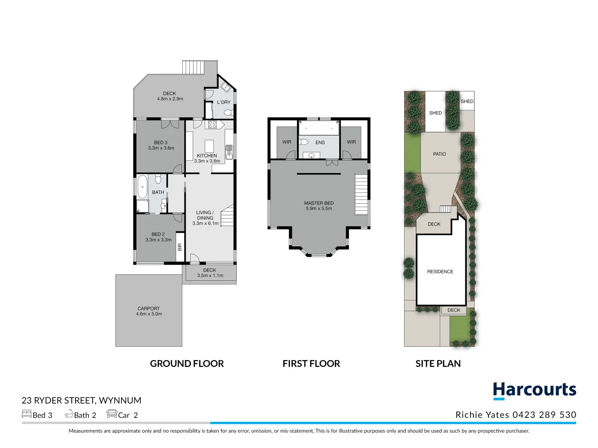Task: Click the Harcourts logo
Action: tap(534, 390)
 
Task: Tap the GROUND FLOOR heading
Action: tap(187, 363)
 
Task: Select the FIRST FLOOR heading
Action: tap(311, 363)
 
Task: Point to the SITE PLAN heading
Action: tap(438, 363)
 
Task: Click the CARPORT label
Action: tap(149, 309)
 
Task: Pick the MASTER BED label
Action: tap(319, 203)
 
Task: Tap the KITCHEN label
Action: tap(207, 156)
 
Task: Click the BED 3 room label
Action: tap(161, 142)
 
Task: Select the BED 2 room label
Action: tap(158, 234)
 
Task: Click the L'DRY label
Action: tap(223, 102)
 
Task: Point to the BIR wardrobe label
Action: tap(180, 247)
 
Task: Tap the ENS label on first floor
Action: tap(320, 143)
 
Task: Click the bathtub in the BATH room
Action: tap(142, 187)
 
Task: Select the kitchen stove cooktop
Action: tap(212, 124)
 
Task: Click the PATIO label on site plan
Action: tap(439, 154)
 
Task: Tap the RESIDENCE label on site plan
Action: tap(440, 272)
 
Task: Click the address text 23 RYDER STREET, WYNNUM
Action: tap(81, 400)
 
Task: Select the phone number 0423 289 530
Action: tap(544, 415)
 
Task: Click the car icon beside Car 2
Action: tap(112, 414)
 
